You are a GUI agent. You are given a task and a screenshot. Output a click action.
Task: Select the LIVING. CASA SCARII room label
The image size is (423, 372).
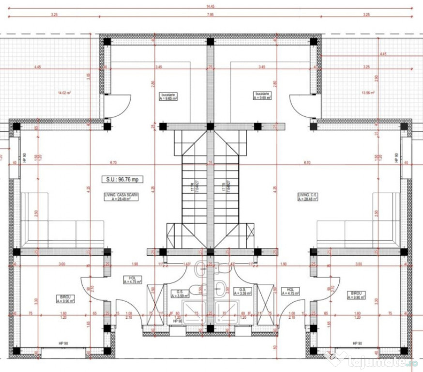click(x=121, y=197)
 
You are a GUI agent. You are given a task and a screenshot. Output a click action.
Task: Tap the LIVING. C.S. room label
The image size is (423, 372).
click(x=306, y=197)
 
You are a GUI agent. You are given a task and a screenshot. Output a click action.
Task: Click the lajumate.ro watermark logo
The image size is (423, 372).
click(x=370, y=360)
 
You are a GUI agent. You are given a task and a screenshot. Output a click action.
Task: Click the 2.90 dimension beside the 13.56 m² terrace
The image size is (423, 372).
click(x=376, y=78)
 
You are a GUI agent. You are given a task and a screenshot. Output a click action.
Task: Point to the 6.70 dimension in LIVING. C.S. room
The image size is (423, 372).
click(x=306, y=163)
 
